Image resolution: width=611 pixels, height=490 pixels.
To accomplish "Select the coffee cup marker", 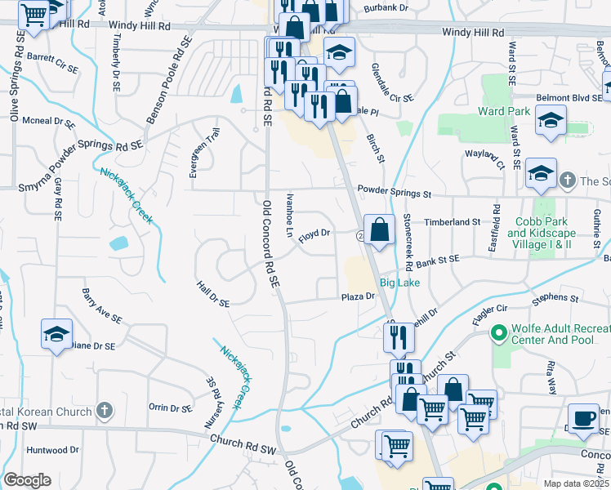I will click(x=583, y=418).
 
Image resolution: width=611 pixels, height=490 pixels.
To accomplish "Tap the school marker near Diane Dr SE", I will click(x=57, y=335).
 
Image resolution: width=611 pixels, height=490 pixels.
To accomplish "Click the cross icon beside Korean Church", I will click(x=104, y=411).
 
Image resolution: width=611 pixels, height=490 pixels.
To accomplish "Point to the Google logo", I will click(x=27, y=480).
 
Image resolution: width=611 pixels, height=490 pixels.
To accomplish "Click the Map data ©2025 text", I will click(x=576, y=483).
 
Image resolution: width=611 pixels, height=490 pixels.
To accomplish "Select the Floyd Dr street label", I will click(x=314, y=234).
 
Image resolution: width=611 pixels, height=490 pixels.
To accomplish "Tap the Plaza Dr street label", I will click(x=357, y=296).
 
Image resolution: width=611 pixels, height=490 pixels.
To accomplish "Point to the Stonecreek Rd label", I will click(x=406, y=234).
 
